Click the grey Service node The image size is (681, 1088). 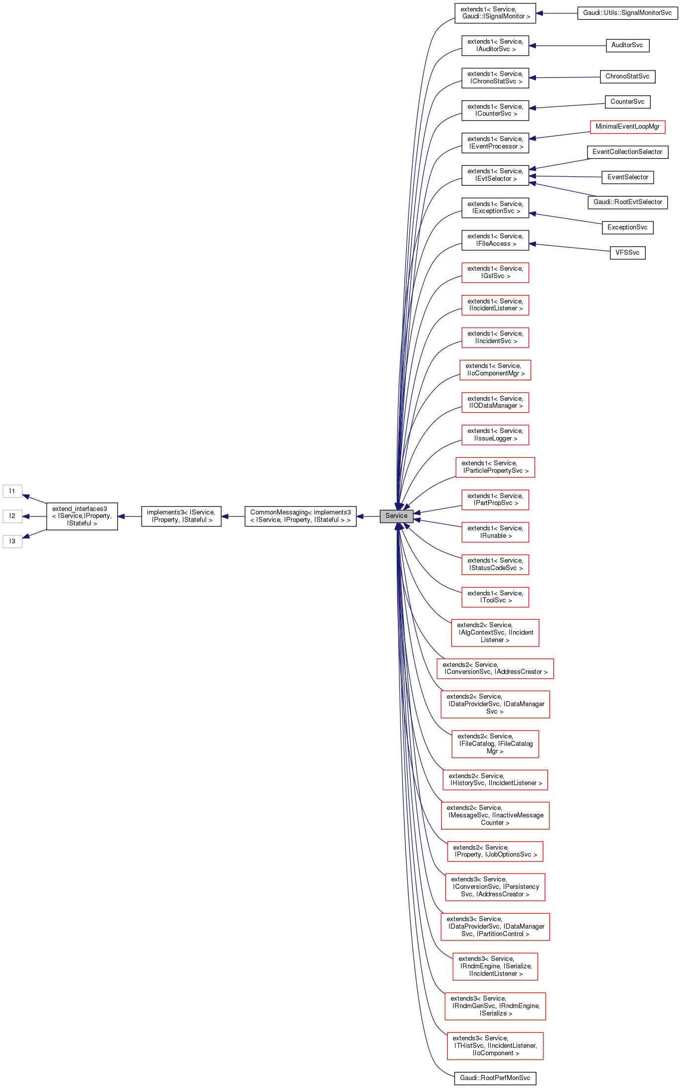396,516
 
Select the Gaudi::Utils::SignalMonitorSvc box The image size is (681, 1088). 627,13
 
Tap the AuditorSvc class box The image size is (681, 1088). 627,45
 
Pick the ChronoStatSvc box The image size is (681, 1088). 627,76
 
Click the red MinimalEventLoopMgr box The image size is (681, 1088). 627,127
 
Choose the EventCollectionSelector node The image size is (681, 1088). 627,152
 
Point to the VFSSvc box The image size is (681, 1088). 627,253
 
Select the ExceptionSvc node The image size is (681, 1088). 627,227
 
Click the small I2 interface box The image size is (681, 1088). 12,516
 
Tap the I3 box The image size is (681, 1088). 12,541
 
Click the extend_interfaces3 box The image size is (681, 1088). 82,516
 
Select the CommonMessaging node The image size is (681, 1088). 300,516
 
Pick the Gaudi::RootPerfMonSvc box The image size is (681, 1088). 495,1078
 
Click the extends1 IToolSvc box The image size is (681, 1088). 495,597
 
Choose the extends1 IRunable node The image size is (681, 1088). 495,532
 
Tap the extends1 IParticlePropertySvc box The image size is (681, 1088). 495,467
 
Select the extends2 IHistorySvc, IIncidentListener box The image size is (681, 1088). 495,780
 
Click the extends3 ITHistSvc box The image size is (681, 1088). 495,1046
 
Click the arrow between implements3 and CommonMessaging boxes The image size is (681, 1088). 233,516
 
